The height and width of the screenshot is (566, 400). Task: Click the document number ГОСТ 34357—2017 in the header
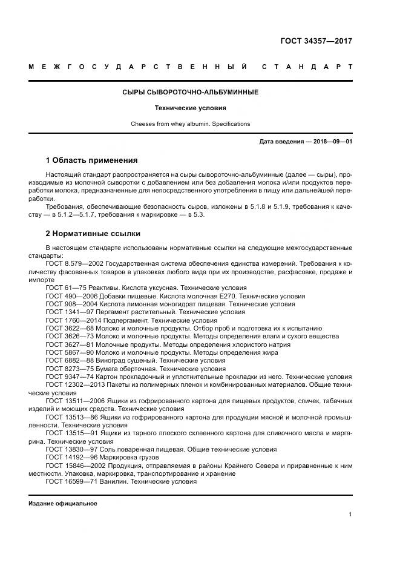pos(316,41)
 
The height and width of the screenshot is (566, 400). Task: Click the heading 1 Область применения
pos(91,160)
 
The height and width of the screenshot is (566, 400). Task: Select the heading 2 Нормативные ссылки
pos(93,233)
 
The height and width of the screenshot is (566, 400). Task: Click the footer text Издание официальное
pos(63,503)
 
